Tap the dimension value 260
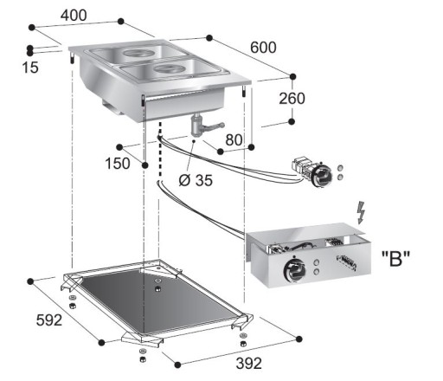pos(292,99)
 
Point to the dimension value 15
pos(30,67)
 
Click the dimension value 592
pos(49,320)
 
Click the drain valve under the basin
pos(198,128)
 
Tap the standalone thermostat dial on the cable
pos(320,176)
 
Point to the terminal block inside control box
pos(344,262)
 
